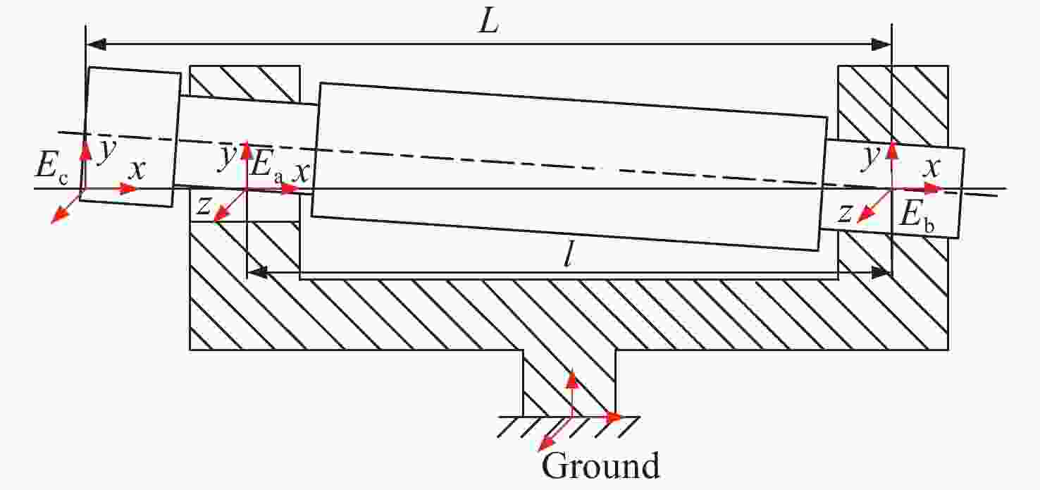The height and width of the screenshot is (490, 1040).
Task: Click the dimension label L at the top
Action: pyautogui.click(x=488, y=23)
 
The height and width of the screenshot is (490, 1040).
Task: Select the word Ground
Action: pyautogui.click(x=600, y=466)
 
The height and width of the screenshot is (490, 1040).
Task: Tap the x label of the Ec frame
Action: pyautogui.click(x=138, y=170)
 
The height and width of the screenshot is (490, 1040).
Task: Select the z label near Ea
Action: pyautogui.click(x=204, y=205)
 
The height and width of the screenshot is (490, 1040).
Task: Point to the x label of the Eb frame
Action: pyautogui.click(x=933, y=168)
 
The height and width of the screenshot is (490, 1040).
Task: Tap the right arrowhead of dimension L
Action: pyautogui.click(x=881, y=44)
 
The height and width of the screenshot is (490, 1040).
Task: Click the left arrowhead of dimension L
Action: pyautogui.click(x=96, y=44)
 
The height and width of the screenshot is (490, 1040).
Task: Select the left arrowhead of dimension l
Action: pyautogui.click(x=255, y=271)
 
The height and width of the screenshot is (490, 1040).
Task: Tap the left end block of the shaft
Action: pyautogui.click(x=129, y=137)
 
